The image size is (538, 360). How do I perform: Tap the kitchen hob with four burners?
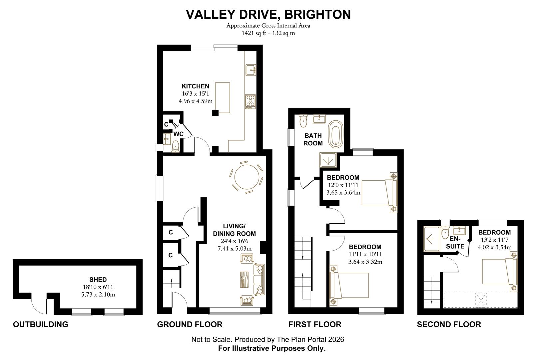tap(250, 102)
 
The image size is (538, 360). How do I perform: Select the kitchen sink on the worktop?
tap(251, 70)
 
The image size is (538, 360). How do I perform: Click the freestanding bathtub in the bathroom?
tap(336, 134)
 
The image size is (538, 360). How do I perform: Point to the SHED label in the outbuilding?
tap(98, 279)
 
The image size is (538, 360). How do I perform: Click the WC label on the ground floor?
tap(179, 134)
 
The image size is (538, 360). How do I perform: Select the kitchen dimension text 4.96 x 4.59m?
tap(196, 101)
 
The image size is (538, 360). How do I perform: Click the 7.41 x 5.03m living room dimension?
tap(235, 249)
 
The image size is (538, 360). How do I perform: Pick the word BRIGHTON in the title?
tap(317, 14)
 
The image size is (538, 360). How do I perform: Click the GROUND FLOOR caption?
tap(190, 324)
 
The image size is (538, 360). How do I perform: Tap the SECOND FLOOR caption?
tap(449, 324)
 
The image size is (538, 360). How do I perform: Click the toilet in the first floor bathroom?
tap(303, 121)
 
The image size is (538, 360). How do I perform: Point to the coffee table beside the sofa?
tap(244, 279)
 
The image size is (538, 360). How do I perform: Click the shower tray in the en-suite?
tap(432, 239)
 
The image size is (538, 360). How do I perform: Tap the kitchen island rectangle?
tap(223, 98)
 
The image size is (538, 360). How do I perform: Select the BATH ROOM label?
tap(313, 139)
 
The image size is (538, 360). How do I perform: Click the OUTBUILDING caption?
tap(41, 324)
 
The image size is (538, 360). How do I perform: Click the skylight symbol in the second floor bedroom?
tap(481, 300)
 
